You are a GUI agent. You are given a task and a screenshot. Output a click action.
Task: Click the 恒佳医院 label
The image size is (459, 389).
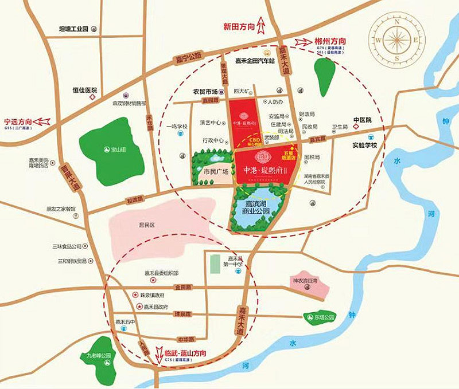click(83, 90)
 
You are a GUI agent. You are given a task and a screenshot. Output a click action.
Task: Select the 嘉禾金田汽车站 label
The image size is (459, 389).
click(256, 61)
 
